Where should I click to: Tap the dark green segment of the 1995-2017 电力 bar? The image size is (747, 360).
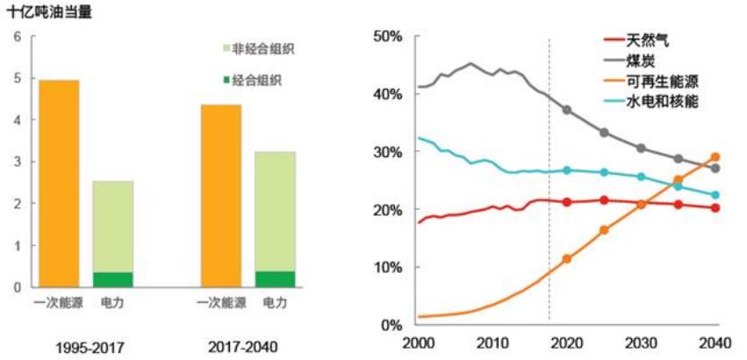click(x=112, y=279)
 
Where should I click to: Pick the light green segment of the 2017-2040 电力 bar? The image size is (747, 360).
click(x=275, y=211)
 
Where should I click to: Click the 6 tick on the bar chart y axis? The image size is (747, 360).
click(x=17, y=37)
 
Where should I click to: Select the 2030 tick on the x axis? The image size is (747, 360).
click(x=640, y=343)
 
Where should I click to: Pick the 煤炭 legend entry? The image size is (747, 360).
click(x=643, y=61)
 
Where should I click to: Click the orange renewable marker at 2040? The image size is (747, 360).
click(x=715, y=157)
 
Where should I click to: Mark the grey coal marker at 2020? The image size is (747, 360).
click(x=567, y=110)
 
